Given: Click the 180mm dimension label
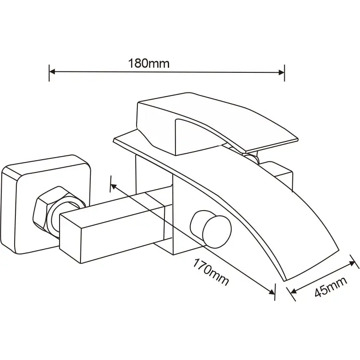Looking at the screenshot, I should [149, 64].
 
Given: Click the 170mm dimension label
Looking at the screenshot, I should [211, 273].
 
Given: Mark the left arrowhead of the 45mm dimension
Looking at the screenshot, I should [294, 291].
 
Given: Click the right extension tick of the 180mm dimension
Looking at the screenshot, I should [285, 72].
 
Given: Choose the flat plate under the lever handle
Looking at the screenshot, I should [128, 141].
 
